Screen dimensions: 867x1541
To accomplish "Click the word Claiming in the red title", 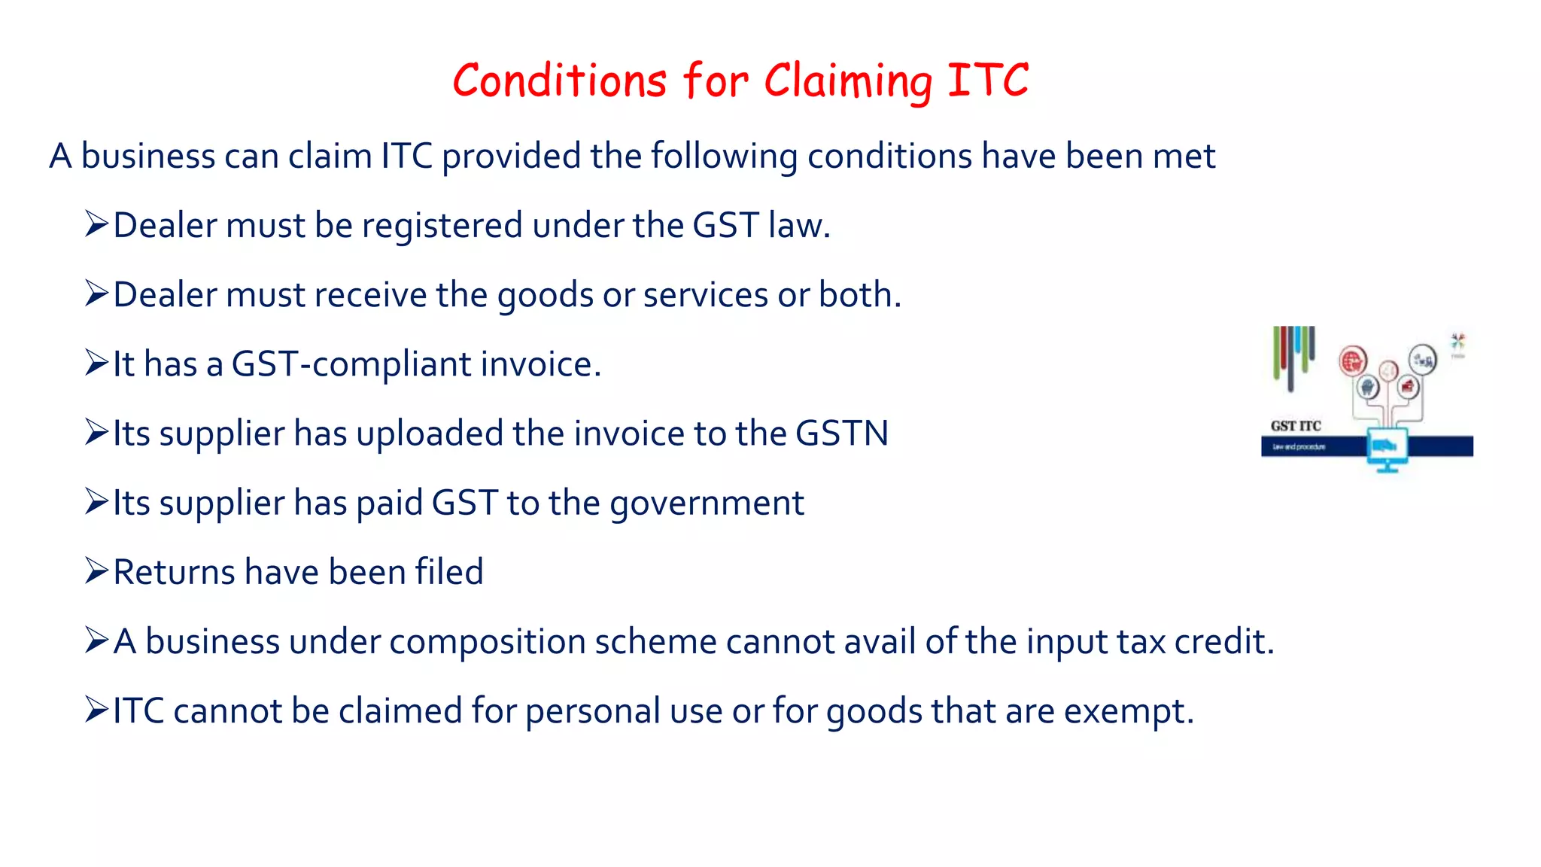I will pos(847,81).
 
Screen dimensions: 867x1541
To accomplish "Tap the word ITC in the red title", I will pos(987,80).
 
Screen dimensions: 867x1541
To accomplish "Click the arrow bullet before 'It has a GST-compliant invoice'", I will pos(97,363).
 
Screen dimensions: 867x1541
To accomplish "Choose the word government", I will pos(707,503).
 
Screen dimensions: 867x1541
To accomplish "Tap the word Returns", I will pos(175,572).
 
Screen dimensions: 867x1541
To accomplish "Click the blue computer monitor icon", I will pos(1387,448).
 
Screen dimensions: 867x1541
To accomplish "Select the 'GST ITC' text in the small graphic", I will pos(1296,426).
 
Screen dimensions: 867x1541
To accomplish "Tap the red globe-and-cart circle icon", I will pos(1352,362).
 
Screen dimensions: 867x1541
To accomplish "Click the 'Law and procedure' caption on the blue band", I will pos(1299,447).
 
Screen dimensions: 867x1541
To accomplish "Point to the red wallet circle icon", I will pos(1407,388).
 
